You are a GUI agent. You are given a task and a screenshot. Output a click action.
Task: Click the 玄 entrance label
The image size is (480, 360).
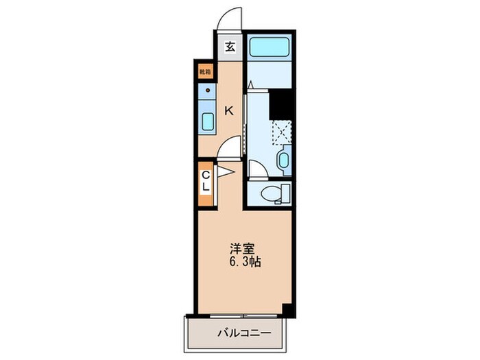point(230,47)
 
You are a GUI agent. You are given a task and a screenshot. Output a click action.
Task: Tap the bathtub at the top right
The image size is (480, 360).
point(270,47)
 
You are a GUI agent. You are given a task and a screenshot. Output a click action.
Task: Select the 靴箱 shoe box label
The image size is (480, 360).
point(205,71)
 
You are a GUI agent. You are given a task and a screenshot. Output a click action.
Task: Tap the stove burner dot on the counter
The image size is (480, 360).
point(207,90)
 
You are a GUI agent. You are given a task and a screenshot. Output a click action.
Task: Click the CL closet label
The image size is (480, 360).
point(206,182)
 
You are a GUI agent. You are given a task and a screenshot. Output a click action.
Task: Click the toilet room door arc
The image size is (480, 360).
point(254,169)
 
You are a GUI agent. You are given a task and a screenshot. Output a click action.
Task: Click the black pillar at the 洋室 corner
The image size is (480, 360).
point(289,310)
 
